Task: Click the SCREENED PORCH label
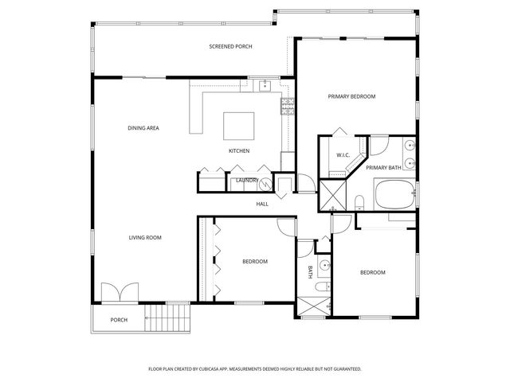[230, 47]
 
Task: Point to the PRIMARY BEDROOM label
[351, 96]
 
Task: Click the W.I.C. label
[344, 155]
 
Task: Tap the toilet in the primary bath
[359, 201]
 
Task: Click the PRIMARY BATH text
[383, 168]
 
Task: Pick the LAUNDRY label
[245, 181]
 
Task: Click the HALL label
[262, 205]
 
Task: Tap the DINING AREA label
[143, 128]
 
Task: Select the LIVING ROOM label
[146, 237]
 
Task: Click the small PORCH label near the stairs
[119, 320]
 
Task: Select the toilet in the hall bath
[320, 286]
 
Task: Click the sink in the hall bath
[324, 264]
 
